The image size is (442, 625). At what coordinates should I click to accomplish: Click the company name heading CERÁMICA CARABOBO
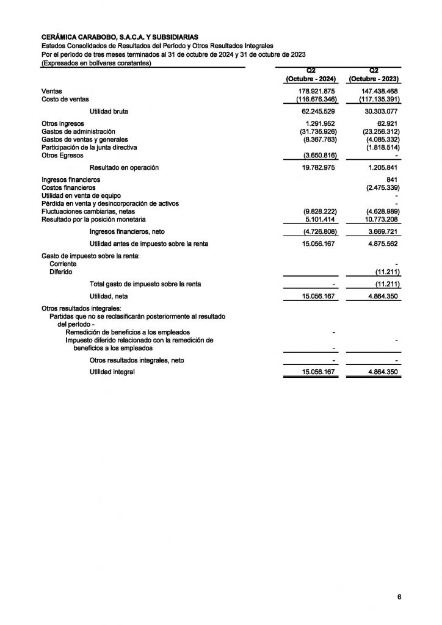point(120,38)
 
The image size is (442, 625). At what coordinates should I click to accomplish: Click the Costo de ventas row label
point(65,99)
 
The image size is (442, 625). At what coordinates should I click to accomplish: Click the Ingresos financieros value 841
point(393,179)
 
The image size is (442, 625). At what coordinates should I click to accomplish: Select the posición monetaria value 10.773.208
point(379,219)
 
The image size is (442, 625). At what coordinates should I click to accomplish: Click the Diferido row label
point(60,272)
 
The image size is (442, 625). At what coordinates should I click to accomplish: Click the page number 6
point(399,597)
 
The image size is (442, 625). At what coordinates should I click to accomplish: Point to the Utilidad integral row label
point(112,372)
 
